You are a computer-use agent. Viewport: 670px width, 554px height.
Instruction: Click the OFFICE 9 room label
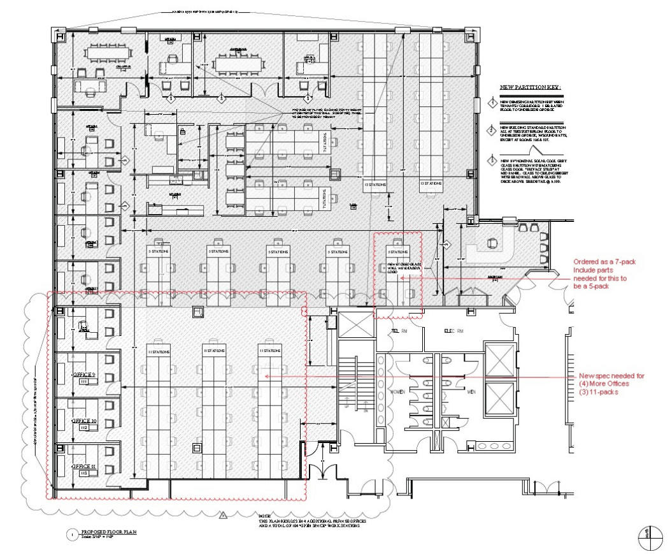pyautogui.click(x=84, y=374)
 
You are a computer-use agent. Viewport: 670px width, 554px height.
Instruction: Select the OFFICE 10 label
pyautogui.click(x=84, y=421)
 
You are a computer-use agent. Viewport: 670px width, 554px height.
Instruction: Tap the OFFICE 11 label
pyautogui.click(x=84, y=466)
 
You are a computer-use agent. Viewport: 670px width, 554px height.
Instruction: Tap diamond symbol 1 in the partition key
pyautogui.click(x=491, y=103)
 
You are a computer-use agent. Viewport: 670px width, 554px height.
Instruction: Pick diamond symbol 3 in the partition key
pyautogui.click(x=491, y=159)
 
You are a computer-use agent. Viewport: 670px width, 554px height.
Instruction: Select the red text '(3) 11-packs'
pyautogui.click(x=600, y=391)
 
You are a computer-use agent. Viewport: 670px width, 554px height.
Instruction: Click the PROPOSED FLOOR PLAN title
pyautogui.click(x=108, y=531)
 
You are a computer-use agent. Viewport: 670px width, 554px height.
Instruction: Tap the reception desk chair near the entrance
pyautogui.click(x=492, y=242)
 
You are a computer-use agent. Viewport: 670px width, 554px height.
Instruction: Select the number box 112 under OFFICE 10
pyautogui.click(x=83, y=428)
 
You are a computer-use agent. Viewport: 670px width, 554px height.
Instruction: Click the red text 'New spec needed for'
pyautogui.click(x=611, y=376)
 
